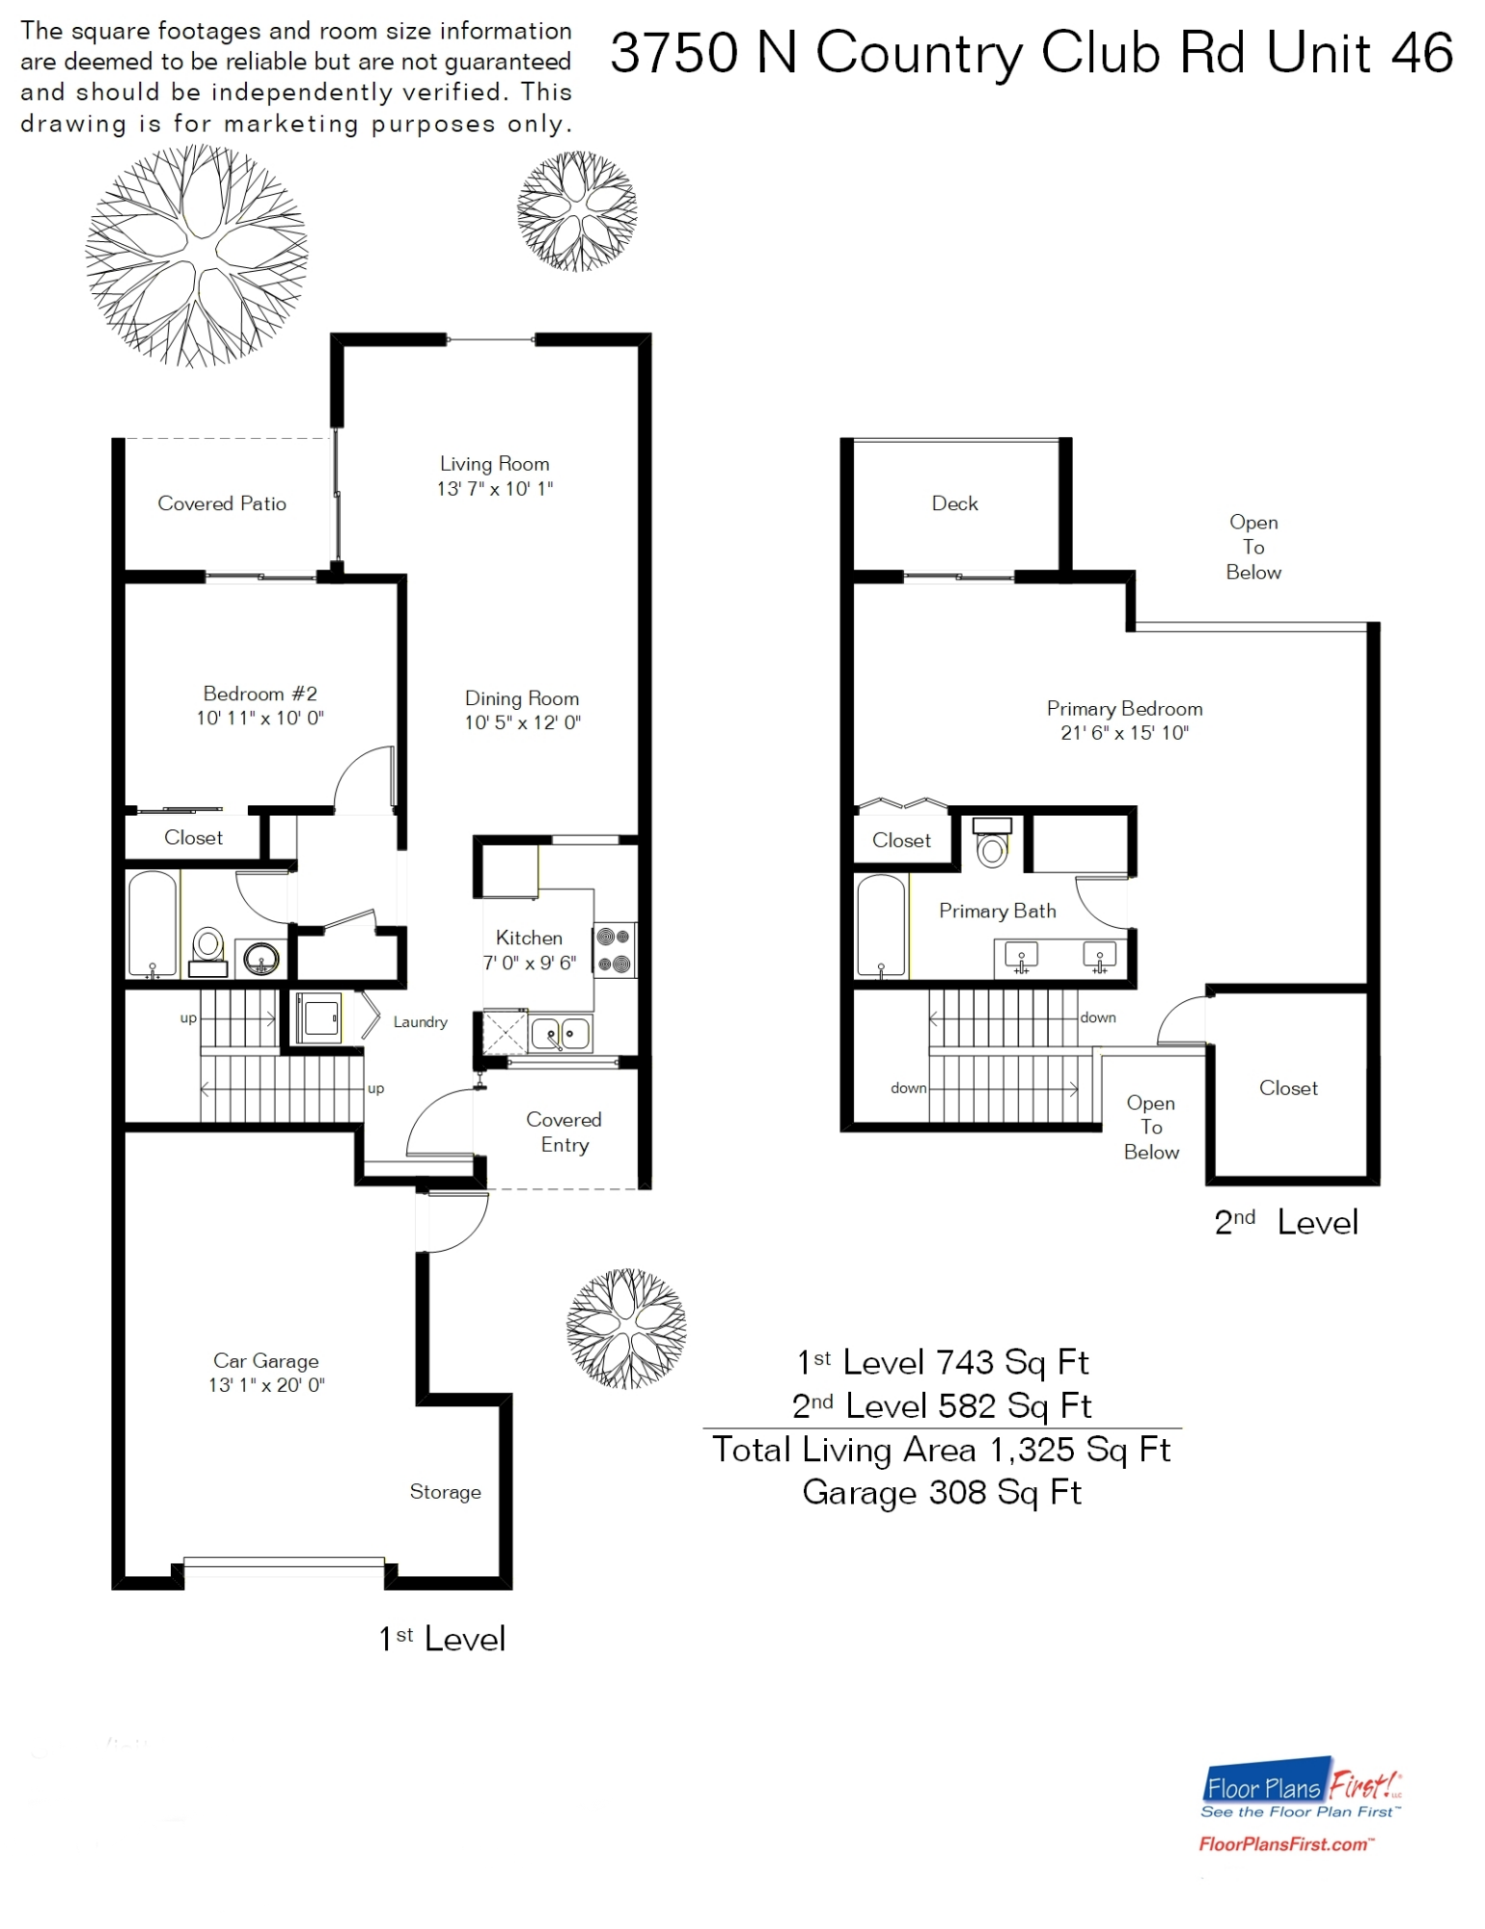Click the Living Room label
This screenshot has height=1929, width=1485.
[494, 464]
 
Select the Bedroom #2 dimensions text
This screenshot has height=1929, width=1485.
[260, 719]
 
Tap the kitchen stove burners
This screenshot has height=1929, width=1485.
[614, 949]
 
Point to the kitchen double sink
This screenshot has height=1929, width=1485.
[560, 1034]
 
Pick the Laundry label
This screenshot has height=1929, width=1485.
[420, 1022]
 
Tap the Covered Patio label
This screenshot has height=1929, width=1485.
[222, 503]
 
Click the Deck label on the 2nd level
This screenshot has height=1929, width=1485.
[954, 503]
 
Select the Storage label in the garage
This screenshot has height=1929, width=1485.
[445, 1492]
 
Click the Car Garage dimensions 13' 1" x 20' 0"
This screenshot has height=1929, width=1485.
[266, 1385]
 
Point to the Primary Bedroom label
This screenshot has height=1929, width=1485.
[1124, 709]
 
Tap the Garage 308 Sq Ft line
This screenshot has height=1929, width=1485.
[942, 1493]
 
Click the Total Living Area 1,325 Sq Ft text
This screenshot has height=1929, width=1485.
[942, 1450]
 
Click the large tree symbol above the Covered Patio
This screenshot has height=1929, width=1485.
[197, 256]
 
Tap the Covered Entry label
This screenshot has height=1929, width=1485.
[564, 1132]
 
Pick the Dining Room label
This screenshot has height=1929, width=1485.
[522, 698]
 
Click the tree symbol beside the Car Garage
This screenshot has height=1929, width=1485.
[626, 1328]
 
